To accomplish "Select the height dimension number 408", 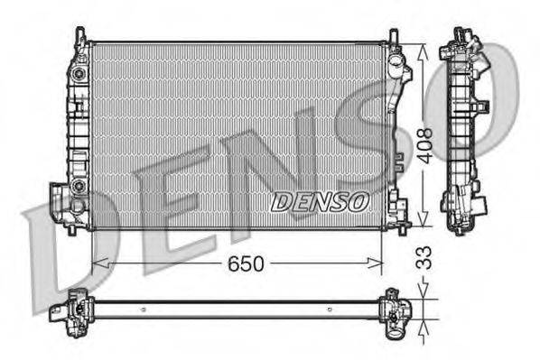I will (425, 143).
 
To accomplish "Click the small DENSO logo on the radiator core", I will (320, 201).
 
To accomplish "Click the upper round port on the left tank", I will (79, 72).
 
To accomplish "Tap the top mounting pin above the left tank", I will (81, 34).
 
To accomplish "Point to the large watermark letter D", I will (68, 257).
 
